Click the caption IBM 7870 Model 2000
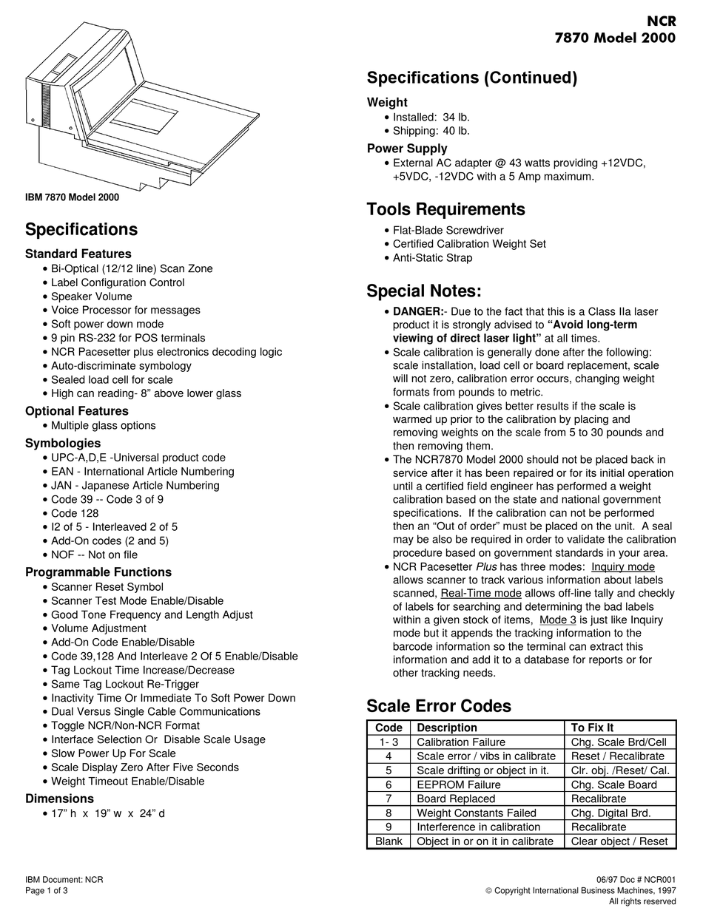click(72, 197)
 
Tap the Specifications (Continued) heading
click(472, 78)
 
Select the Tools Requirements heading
click(445, 209)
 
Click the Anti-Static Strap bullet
click(432, 258)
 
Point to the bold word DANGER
click(417, 311)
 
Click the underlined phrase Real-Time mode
click(481, 593)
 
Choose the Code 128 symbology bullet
click(75, 513)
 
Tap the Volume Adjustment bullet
click(98, 628)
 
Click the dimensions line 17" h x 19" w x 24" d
click(108, 814)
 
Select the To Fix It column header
click(593, 728)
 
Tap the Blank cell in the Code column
click(388, 841)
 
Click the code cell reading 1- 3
click(388, 742)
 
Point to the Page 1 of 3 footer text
click(47, 891)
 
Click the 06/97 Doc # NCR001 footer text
click(636, 879)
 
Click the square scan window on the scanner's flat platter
click(144, 117)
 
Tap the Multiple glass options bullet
click(104, 425)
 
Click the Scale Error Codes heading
click(439, 706)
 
